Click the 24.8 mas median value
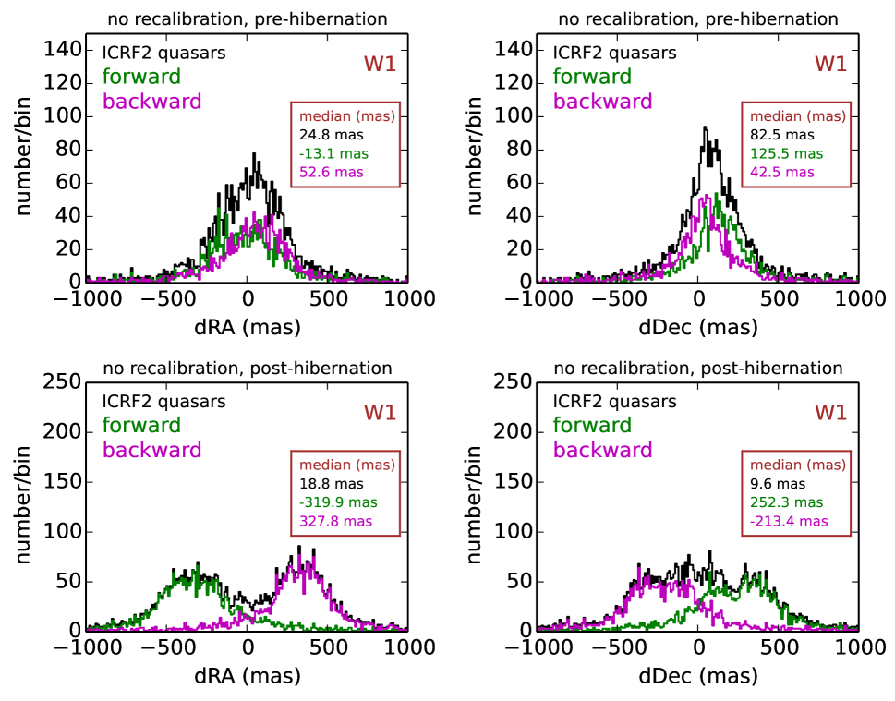tap(325, 135)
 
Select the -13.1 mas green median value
tap(328, 153)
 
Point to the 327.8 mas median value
tap(336, 520)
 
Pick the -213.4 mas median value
tap(789, 520)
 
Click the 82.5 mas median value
tap(778, 135)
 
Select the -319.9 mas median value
tap(335, 502)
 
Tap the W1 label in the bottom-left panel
tap(379, 412)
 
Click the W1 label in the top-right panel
tap(830, 64)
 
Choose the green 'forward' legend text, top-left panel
tap(141, 77)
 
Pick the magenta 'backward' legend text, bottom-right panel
tap(602, 450)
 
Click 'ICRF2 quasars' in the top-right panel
tap(614, 54)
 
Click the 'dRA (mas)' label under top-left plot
tap(247, 327)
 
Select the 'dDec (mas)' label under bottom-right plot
tap(698, 676)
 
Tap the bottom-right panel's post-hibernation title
tap(698, 368)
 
